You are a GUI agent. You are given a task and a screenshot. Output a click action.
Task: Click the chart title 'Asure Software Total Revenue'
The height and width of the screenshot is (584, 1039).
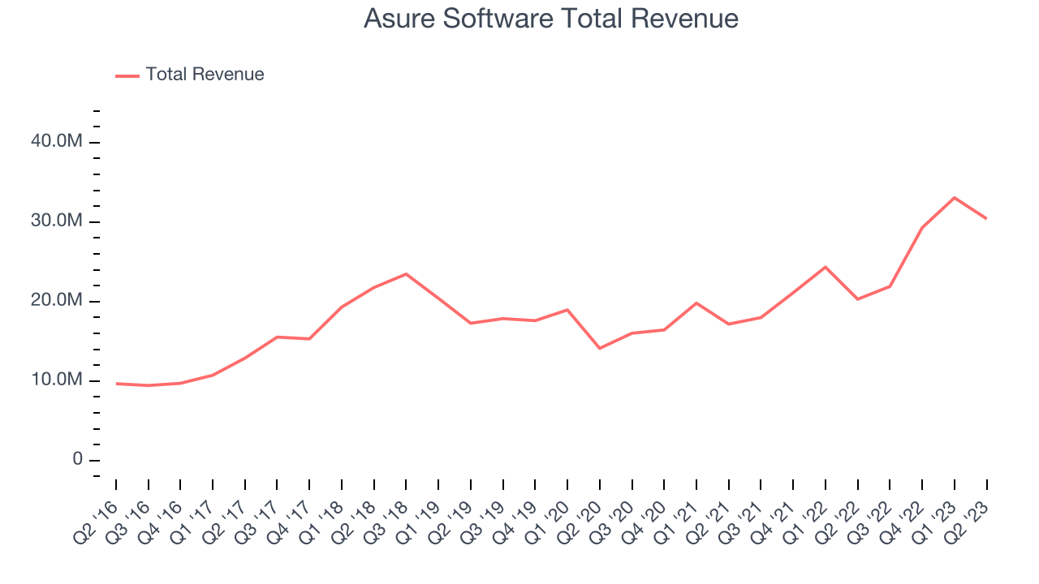pos(551,19)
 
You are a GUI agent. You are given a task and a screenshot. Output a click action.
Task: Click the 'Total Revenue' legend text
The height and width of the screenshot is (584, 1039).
pos(205,75)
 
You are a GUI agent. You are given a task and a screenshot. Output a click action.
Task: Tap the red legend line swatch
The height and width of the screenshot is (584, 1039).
pos(127,75)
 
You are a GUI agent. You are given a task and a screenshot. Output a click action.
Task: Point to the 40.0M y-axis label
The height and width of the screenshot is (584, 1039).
pos(56,142)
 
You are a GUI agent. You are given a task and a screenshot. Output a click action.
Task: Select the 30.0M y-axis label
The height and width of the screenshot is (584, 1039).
pos(56,221)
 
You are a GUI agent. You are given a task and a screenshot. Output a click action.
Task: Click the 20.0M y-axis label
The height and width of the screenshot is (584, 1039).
pos(56,301)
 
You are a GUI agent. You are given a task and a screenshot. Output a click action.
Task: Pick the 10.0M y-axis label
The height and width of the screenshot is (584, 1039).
pos(56,380)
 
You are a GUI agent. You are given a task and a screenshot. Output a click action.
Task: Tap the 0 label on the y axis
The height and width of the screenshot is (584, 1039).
pos(78,460)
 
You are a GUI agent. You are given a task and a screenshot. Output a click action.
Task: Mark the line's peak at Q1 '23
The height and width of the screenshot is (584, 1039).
pos(955,197)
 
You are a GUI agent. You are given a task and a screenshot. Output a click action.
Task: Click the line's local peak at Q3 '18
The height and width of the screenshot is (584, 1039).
pos(406,274)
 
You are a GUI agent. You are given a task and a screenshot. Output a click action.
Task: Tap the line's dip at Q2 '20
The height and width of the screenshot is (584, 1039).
pos(600,348)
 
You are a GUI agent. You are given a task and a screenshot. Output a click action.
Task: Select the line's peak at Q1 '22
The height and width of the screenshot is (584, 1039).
pos(826,267)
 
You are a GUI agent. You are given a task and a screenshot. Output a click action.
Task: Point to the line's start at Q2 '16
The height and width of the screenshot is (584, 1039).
pos(116,384)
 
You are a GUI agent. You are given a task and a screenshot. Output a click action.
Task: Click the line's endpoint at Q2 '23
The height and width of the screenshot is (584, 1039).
pos(987,219)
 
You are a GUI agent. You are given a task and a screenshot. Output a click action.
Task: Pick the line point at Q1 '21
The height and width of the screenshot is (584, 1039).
pos(696,303)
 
